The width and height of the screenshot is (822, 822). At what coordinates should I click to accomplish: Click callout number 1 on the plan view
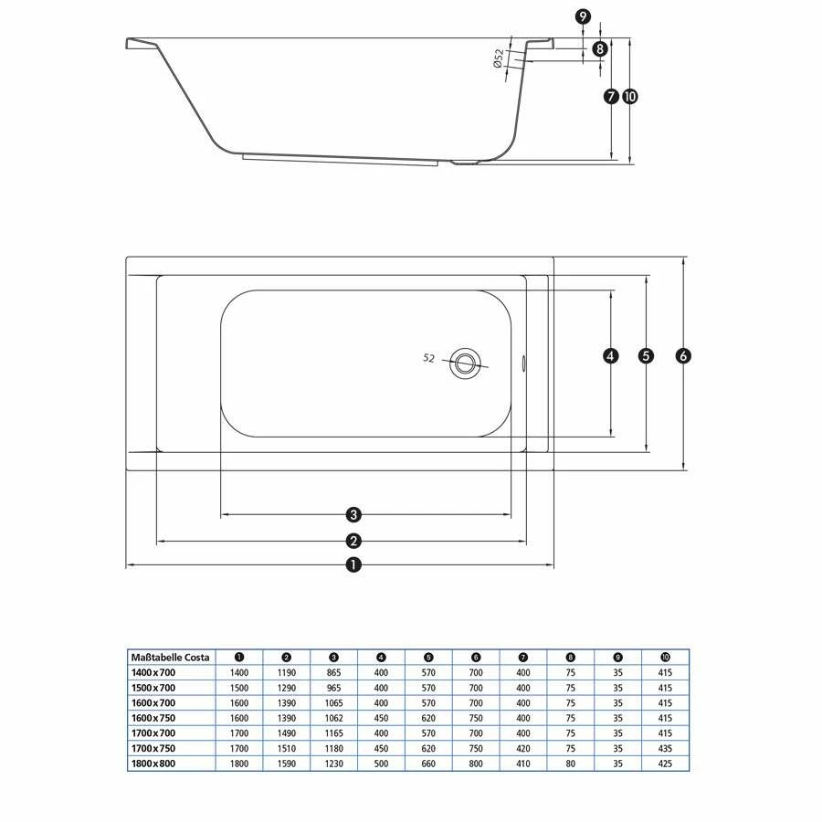point(353,564)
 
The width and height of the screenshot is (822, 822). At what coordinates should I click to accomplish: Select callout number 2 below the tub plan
point(353,541)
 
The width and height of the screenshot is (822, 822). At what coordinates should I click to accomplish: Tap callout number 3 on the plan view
point(353,514)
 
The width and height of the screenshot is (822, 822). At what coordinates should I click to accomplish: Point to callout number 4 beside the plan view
point(610,356)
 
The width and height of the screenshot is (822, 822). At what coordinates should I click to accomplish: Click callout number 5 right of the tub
point(646,356)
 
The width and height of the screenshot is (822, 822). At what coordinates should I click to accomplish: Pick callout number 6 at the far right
point(683,356)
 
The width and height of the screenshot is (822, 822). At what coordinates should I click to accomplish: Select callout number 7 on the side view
point(611,97)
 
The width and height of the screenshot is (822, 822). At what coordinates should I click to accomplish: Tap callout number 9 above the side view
point(583,16)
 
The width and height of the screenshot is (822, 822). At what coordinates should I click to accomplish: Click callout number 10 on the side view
point(629,97)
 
